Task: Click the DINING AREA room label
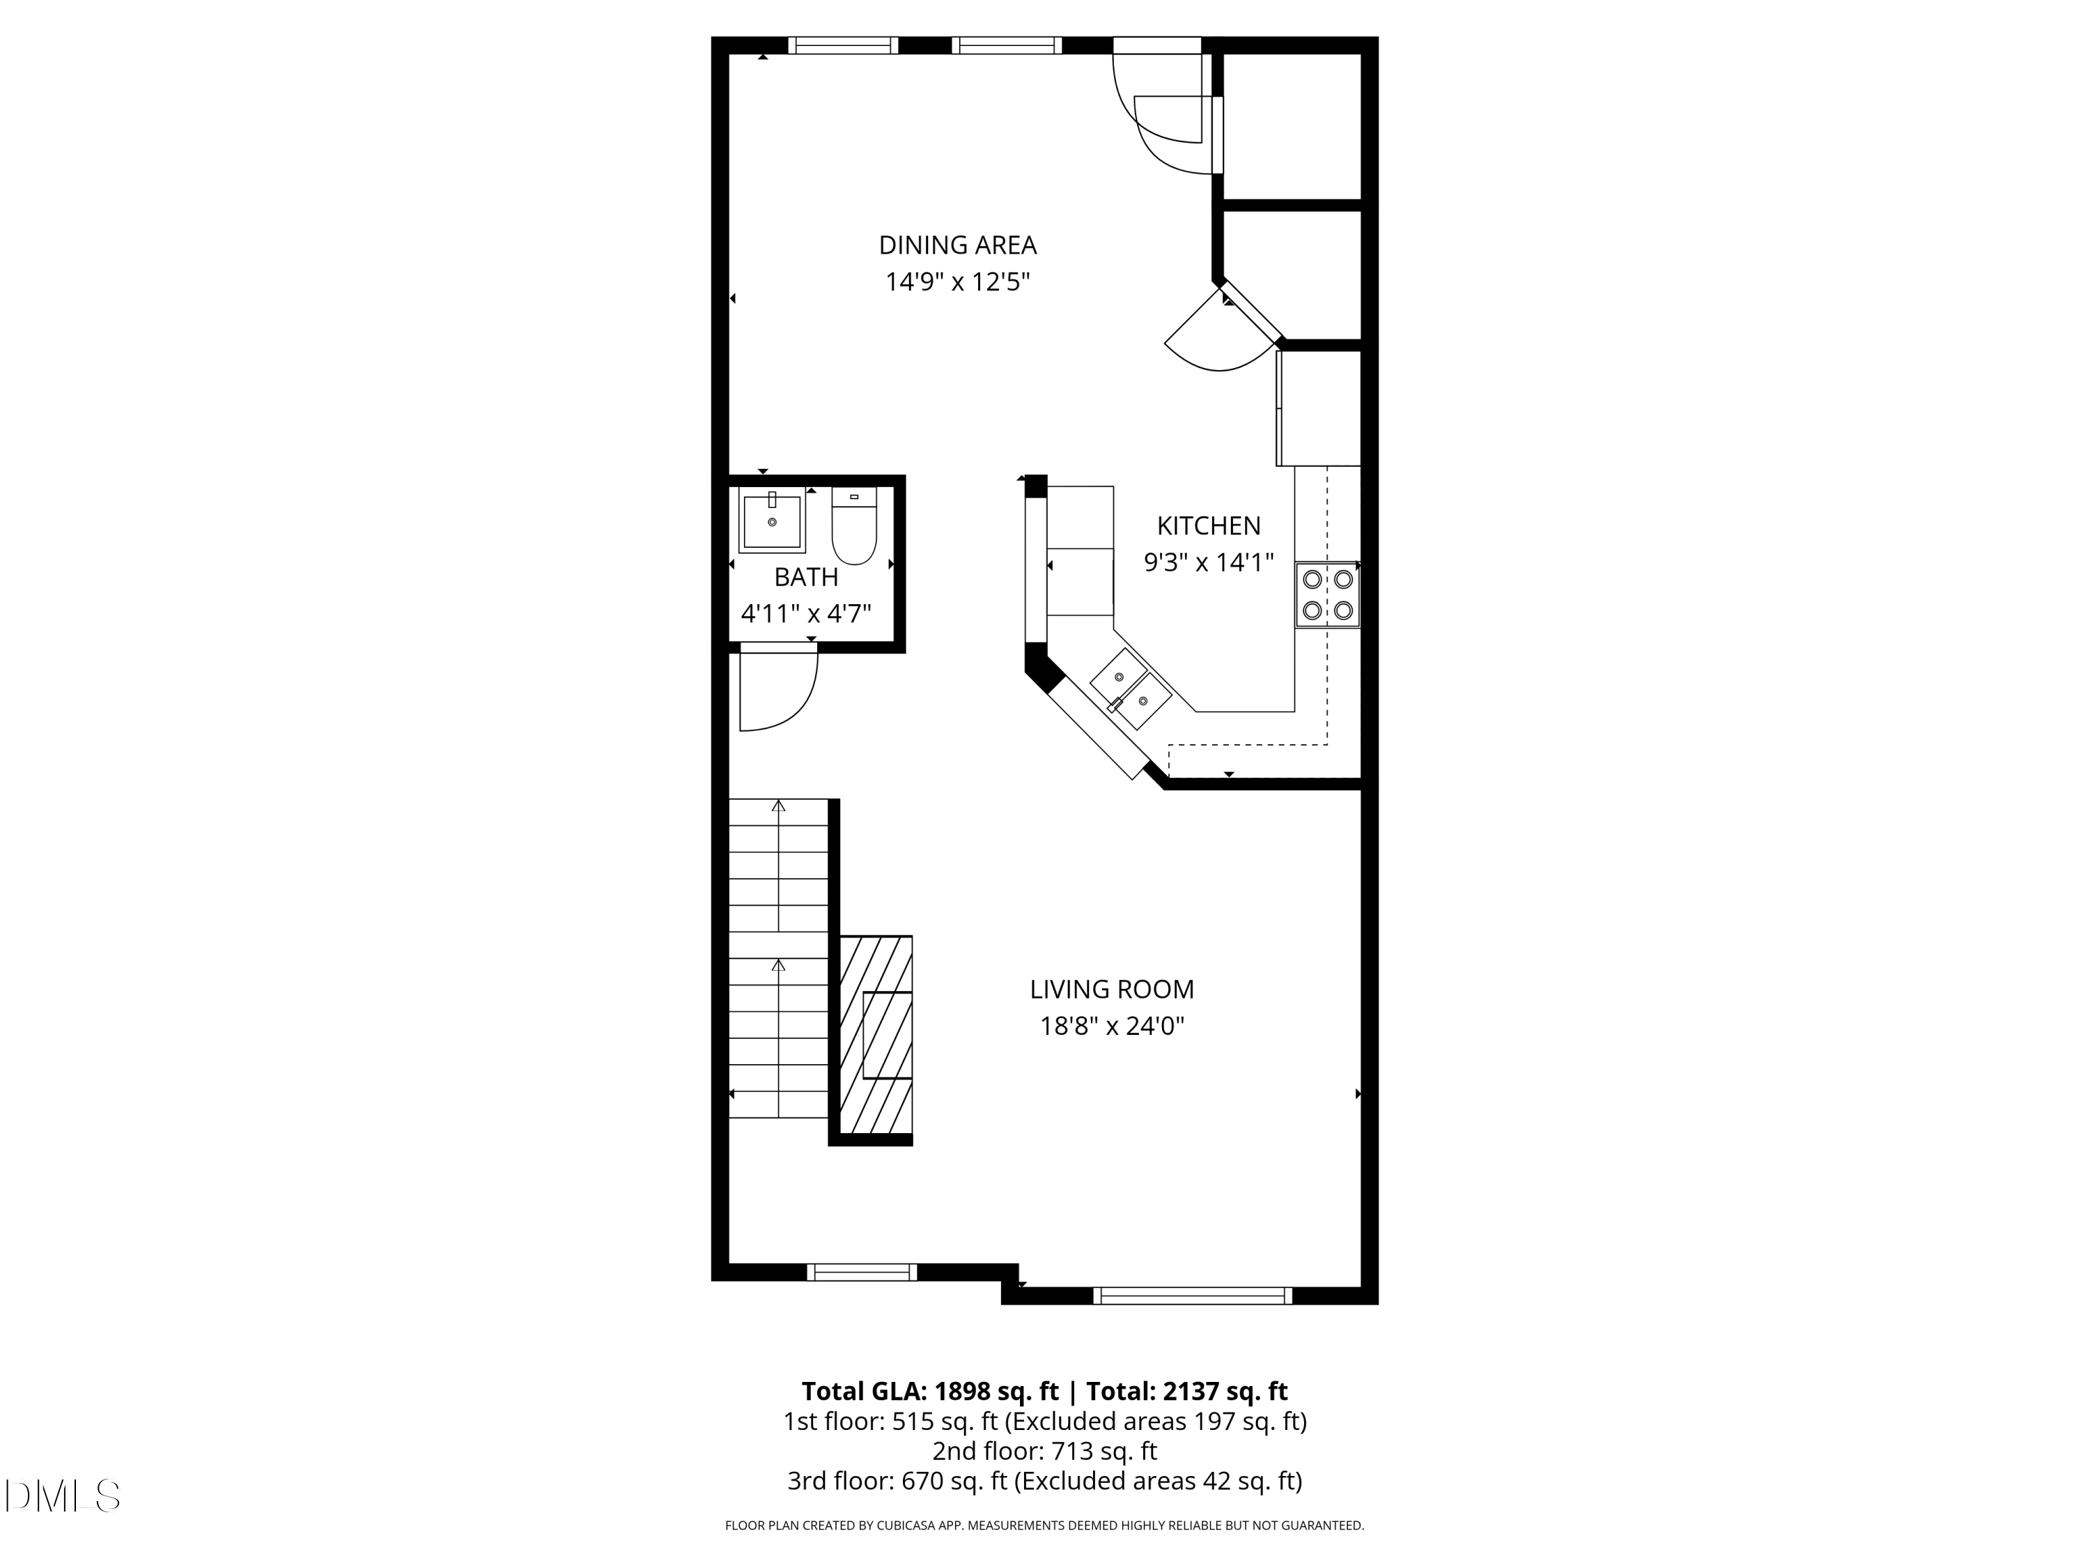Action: point(957,245)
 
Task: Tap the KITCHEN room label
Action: point(1209,525)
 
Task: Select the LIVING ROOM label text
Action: point(1111,990)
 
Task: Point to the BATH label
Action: point(806,576)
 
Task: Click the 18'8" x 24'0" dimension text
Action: point(1111,1027)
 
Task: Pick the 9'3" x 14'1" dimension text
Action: point(1209,562)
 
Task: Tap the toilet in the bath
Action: point(854,528)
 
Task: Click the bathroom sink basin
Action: point(772,522)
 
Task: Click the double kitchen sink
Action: point(1131,688)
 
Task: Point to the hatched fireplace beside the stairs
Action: point(876,1034)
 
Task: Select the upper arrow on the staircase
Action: point(779,806)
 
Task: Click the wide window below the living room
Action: point(1193,1296)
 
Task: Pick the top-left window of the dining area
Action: point(843,45)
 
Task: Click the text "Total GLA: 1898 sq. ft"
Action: point(930,1391)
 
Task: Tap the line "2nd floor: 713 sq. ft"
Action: point(1044,1451)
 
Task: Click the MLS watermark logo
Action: point(63,1496)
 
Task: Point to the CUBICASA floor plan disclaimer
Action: point(1044,1525)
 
